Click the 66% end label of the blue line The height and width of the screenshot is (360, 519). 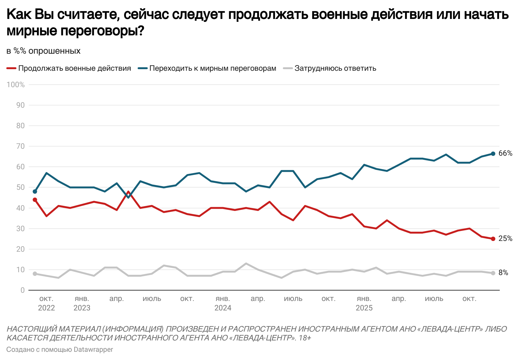(x=505, y=153)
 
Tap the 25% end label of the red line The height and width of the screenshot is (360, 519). (x=505, y=239)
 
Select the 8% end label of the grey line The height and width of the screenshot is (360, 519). (x=503, y=273)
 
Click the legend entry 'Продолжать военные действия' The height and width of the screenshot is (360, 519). (x=75, y=69)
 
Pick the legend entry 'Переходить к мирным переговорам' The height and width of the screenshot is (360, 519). (x=212, y=69)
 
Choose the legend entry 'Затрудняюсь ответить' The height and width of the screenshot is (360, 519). (x=335, y=69)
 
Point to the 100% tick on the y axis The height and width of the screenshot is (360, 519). (x=16, y=85)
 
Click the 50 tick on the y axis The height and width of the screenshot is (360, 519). (x=20, y=187)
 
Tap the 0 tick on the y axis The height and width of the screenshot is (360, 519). (x=22, y=290)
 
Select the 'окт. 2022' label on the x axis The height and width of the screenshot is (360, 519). (x=46, y=303)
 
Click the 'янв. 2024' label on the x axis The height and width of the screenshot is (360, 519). (x=223, y=303)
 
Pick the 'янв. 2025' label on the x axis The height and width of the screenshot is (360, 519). (x=364, y=303)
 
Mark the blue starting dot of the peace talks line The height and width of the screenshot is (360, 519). (x=35, y=191)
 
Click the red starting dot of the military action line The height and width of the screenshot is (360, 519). (x=35, y=200)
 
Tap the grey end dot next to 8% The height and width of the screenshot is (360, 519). (x=493, y=273)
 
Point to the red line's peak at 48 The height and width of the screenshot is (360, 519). (x=128, y=192)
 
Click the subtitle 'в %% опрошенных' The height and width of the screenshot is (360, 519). (x=44, y=51)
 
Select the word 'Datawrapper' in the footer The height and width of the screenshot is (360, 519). (x=93, y=350)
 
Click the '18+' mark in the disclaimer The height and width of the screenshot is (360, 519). (x=305, y=338)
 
